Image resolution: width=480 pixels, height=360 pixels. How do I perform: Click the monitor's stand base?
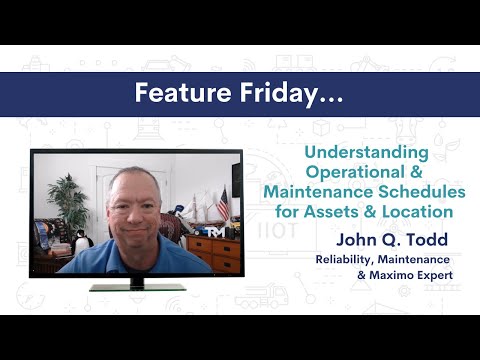click(137, 287)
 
